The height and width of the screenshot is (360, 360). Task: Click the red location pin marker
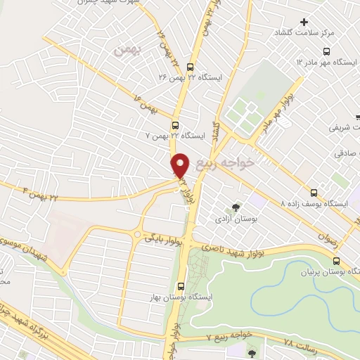click(181, 165)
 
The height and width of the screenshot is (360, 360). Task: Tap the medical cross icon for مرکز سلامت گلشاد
click(304, 22)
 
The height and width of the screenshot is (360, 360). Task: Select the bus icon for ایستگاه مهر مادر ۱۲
click(326, 51)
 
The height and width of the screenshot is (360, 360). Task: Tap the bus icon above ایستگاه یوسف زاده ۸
click(314, 192)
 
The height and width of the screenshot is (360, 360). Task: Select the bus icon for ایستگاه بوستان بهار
click(181, 285)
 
